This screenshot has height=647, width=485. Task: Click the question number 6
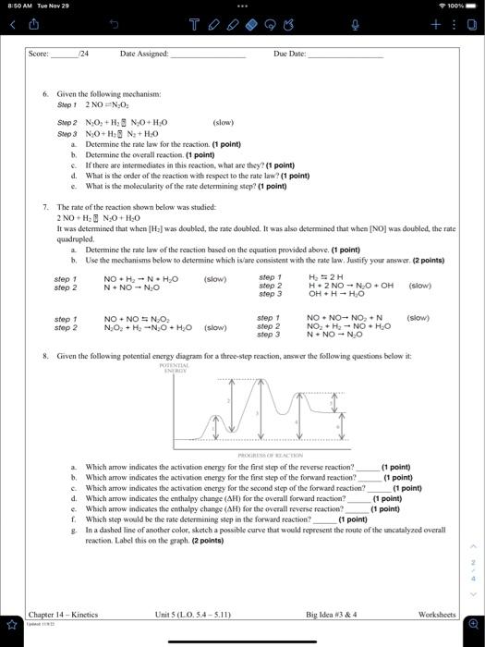[x=46, y=95]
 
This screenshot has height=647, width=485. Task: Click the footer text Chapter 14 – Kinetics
[x=64, y=613]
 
